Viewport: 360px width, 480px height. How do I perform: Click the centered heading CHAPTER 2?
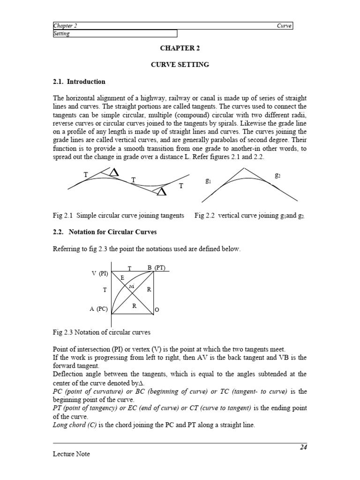(180, 48)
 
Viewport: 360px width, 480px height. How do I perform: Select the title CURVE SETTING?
(180, 65)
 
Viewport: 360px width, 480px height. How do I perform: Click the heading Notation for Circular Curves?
(112, 232)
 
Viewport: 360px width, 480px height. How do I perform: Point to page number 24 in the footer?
(303, 447)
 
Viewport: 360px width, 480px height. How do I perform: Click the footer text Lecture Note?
(71, 454)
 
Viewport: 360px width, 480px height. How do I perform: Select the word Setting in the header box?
(61, 34)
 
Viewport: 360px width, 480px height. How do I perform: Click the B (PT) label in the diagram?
(156, 268)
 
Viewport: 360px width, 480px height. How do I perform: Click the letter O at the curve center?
(157, 310)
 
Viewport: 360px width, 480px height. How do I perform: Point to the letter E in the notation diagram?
(122, 277)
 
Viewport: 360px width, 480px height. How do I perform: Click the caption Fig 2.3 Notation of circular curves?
(101, 332)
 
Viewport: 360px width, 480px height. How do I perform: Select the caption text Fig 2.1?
(63, 216)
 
